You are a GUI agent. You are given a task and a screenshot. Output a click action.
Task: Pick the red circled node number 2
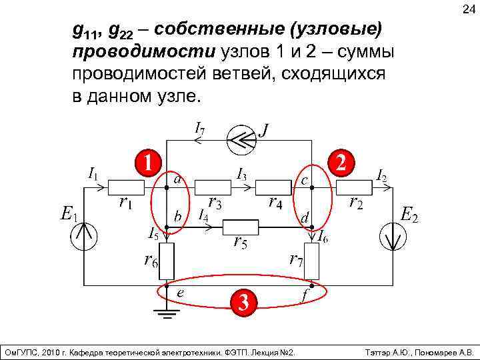point(342,162)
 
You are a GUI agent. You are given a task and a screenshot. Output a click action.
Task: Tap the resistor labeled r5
point(239,227)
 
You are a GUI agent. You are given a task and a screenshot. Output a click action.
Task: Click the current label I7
point(199,127)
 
